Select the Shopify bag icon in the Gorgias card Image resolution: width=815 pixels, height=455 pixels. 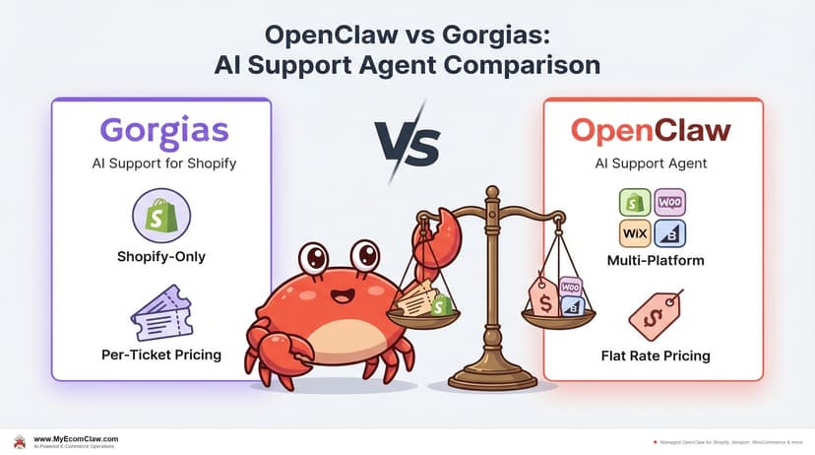(x=161, y=219)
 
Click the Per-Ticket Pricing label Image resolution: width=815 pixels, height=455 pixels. (x=161, y=354)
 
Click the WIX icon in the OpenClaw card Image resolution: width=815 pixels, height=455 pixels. (x=635, y=233)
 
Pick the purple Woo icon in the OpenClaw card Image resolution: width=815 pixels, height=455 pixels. (x=671, y=203)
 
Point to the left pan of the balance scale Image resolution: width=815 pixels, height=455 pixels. (x=424, y=314)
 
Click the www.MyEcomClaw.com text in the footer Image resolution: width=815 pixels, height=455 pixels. (x=75, y=439)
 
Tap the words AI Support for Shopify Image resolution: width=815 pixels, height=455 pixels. (x=161, y=164)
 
